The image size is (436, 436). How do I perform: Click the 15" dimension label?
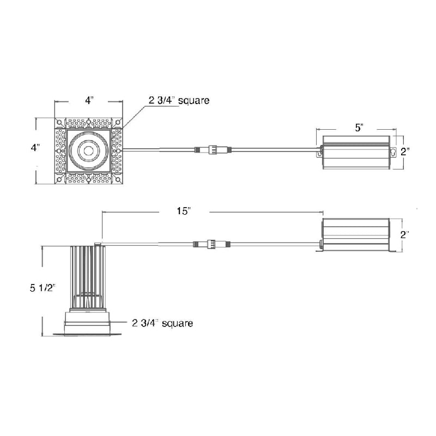pos(184,211)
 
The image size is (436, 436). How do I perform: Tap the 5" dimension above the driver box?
pos(359,128)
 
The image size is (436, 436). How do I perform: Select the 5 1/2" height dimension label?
pos(43,288)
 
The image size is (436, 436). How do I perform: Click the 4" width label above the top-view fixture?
pos(89,100)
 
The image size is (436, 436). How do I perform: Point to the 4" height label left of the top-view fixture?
pos(35,147)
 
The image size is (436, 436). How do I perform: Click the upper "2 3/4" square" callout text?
pos(179,100)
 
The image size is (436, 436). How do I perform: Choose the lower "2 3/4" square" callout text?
pos(162,323)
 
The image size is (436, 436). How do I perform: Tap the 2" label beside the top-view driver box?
pos(405,152)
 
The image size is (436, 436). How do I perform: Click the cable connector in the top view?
pos(213,150)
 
